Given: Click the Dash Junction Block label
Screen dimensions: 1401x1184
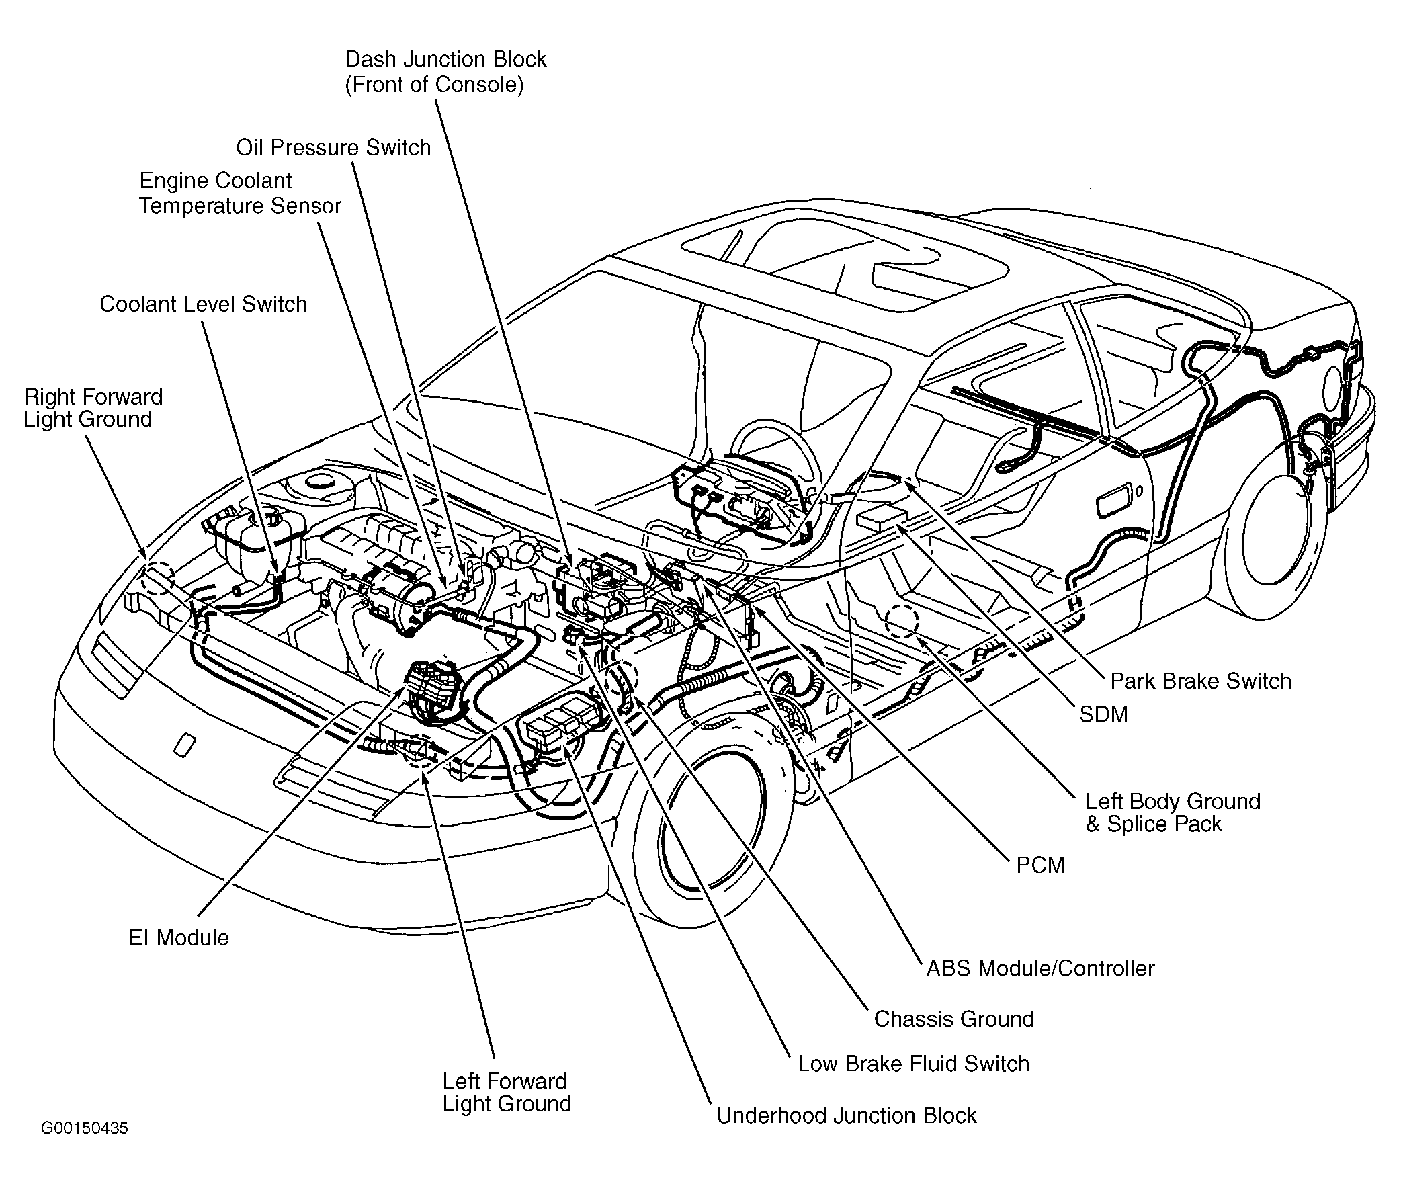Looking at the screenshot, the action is click(x=445, y=71).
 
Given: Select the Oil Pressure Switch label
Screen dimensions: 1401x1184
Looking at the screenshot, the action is click(x=333, y=148).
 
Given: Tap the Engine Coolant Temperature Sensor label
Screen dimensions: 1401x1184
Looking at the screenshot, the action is click(x=240, y=193).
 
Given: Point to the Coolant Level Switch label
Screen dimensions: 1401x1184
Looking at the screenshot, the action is click(x=203, y=304).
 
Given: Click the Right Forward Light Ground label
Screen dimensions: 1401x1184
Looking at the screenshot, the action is click(x=93, y=408).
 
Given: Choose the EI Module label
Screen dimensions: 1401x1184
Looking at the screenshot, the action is click(x=179, y=937).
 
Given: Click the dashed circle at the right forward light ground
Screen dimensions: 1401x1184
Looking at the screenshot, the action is click(x=159, y=578).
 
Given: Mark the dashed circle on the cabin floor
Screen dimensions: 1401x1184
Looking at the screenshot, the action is click(x=902, y=621).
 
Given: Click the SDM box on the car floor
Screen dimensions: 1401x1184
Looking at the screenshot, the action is click(x=882, y=519).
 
